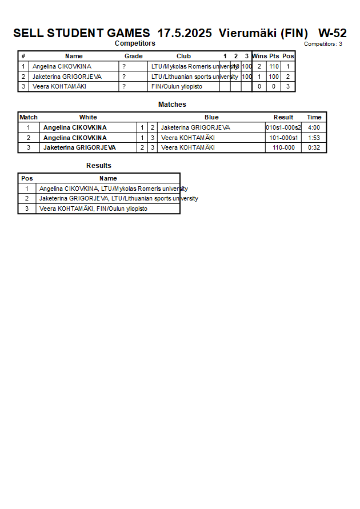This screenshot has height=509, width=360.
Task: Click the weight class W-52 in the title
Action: pyautogui.click(x=332, y=33)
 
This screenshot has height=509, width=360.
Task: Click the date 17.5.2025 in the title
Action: pyautogui.click(x=185, y=33)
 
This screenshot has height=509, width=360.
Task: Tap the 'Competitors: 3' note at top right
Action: pyautogui.click(x=323, y=44)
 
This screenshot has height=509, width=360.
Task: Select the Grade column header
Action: pyautogui.click(x=134, y=56)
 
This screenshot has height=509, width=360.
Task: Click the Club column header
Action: pyautogui.click(x=183, y=56)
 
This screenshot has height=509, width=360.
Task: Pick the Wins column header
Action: pyautogui.click(x=259, y=56)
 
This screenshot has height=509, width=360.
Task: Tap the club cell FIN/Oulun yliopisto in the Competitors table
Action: pyautogui.click(x=177, y=87)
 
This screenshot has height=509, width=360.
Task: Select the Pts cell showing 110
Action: pyautogui.click(x=274, y=66)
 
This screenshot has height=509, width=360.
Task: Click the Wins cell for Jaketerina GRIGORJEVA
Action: pyautogui.click(x=259, y=77)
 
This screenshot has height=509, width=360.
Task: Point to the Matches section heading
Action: pyautogui.click(x=172, y=105)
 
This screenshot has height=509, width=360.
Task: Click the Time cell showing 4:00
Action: pyautogui.click(x=314, y=127)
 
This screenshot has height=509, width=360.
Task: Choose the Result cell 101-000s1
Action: pyautogui.click(x=283, y=138)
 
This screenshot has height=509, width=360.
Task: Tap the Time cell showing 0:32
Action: pyautogui.click(x=314, y=147)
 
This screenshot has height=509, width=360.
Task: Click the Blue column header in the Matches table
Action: pyautogui.click(x=211, y=117)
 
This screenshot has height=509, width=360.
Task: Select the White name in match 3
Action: pyautogui.click(x=79, y=147)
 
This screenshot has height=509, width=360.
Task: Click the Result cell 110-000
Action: pyautogui.click(x=283, y=147)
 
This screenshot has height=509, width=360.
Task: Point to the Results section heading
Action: pyautogui.click(x=99, y=166)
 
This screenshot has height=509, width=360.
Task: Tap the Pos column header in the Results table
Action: pyautogui.click(x=27, y=178)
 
